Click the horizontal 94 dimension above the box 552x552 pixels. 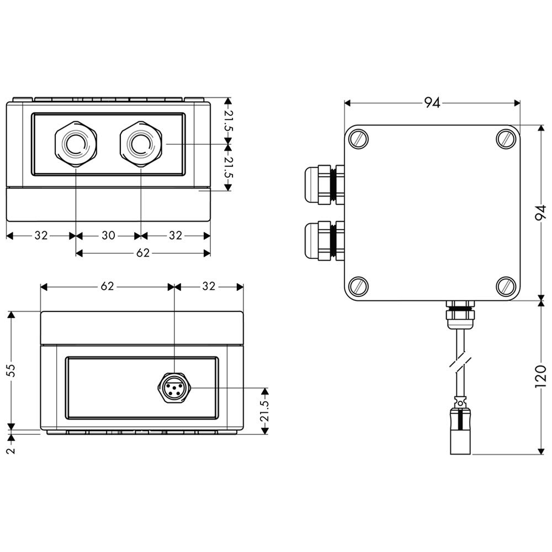click(x=432, y=103)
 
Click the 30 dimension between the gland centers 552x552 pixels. click(x=108, y=236)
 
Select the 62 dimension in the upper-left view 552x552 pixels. click(x=142, y=253)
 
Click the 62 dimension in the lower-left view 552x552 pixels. click(x=107, y=286)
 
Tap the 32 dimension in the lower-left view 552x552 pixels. click(x=209, y=286)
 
